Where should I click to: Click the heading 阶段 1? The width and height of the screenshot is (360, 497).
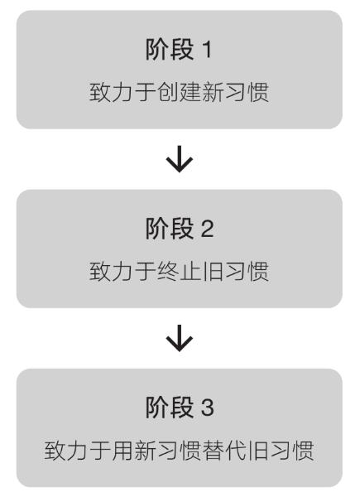pos(179,49)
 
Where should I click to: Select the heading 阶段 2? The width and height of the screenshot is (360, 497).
pos(180,229)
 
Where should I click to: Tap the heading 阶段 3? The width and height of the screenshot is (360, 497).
pos(180,408)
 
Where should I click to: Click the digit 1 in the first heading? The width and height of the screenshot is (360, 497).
pos(207,50)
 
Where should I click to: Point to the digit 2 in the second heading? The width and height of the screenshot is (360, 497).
pos(208,229)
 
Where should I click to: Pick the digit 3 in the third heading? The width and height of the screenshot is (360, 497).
pos(208,408)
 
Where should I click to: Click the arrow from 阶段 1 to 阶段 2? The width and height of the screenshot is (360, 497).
pos(180,159)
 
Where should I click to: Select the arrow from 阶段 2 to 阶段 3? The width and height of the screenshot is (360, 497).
pos(180,338)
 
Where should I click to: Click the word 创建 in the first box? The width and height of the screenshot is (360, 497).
pos(180,92)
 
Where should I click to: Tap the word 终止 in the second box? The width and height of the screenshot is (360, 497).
pos(180,272)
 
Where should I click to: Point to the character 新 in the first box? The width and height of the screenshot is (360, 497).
pos(213,92)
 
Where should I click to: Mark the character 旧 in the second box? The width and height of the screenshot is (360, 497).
pos(213,272)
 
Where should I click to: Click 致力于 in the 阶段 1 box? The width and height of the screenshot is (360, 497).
pos(122,92)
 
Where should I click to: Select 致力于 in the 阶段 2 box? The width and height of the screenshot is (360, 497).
pos(122,272)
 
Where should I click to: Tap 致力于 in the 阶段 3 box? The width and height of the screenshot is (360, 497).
pos(78,451)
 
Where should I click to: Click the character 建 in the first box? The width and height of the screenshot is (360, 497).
pos(190,92)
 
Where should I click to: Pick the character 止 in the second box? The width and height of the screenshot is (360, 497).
pos(190,272)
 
